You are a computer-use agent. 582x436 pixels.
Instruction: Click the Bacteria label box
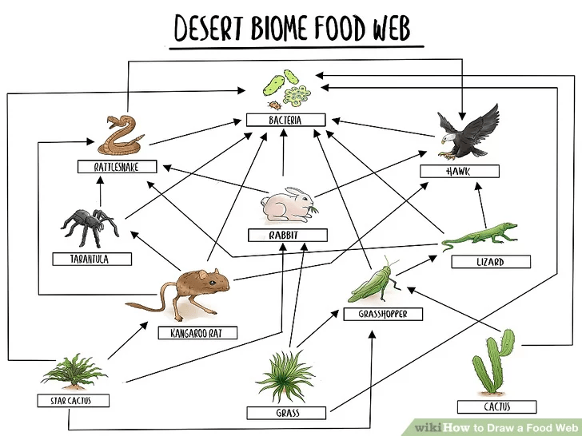285,120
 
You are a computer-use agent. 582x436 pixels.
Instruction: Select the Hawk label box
460,171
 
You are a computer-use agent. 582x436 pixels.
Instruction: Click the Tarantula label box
90,259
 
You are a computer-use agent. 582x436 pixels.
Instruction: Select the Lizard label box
489,261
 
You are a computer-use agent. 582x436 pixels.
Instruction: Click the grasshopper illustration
374,281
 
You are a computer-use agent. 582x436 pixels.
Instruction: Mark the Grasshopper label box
383,315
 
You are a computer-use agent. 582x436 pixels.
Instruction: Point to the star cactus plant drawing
75,372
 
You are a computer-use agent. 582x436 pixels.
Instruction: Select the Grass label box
287,413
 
